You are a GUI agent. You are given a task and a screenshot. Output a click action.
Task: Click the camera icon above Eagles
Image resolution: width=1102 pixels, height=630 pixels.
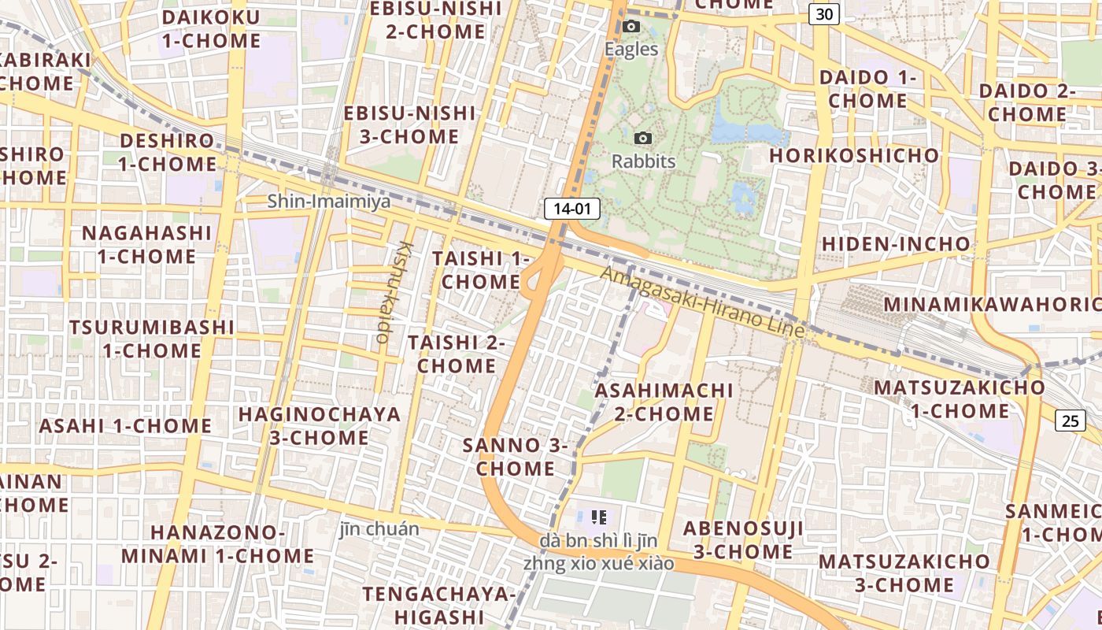pos(631,27)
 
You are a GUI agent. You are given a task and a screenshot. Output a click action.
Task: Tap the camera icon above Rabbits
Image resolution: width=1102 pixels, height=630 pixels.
pos(643,139)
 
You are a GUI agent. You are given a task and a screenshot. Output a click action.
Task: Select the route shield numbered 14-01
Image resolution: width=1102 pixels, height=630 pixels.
pos(572,209)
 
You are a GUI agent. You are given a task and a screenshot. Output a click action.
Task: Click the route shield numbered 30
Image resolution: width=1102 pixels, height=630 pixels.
pos(824,14)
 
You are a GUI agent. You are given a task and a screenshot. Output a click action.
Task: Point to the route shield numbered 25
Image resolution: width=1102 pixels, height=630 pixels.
pos(1071,421)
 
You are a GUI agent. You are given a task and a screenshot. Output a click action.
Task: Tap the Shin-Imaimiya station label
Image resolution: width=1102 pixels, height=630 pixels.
pos(329,202)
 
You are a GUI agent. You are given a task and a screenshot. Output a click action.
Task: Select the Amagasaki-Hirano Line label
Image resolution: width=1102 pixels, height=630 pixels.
pos(703,302)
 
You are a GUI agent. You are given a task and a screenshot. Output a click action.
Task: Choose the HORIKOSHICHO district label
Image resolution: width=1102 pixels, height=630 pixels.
pos(854,155)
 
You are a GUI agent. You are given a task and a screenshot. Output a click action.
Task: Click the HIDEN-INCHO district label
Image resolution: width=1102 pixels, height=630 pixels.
pos(896,244)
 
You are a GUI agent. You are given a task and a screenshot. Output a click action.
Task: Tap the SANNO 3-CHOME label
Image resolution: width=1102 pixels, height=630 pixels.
pos(516,457)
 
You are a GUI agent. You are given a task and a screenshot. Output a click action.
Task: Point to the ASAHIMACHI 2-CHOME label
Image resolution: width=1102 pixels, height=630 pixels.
pos(664,402)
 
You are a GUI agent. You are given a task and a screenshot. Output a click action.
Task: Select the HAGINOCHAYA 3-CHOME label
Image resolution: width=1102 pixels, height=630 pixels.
pos(320,425)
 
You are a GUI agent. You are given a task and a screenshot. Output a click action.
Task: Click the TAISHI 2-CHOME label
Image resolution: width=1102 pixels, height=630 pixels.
pos(457,354)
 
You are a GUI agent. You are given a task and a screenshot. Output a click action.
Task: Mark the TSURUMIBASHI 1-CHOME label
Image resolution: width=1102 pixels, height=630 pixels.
pos(151,339)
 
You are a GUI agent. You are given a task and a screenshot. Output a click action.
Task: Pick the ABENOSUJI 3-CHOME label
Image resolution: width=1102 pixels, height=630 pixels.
pos(743,539)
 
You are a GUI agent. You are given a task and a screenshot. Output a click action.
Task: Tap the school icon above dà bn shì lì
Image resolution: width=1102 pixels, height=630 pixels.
pos(598,517)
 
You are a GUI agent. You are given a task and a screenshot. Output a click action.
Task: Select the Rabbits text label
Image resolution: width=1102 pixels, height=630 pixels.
pos(644,161)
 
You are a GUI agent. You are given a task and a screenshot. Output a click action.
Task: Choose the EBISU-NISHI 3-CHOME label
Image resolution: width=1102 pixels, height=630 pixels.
pos(410,124)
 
